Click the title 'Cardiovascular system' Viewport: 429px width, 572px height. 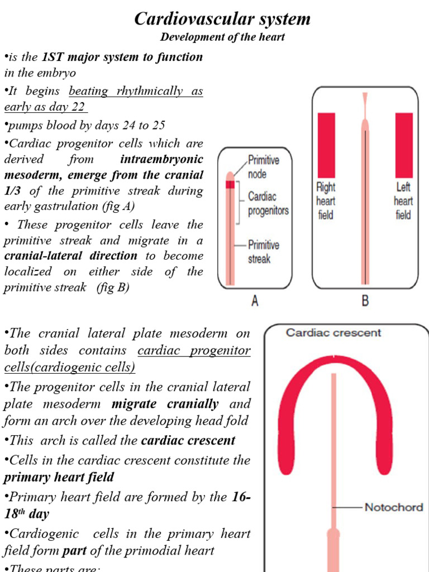(x=222, y=19)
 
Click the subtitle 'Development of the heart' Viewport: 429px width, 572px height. (x=222, y=37)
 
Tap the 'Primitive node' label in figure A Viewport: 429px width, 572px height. (x=264, y=166)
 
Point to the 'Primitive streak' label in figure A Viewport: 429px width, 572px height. (x=264, y=252)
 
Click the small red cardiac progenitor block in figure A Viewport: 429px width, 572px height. (x=230, y=185)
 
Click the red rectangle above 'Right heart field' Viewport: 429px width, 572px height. (x=326, y=145)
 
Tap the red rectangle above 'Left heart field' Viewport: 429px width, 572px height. (x=404, y=145)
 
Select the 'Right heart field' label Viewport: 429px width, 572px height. (x=326, y=201)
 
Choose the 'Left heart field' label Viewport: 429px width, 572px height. (x=403, y=201)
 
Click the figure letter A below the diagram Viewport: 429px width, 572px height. (x=255, y=301)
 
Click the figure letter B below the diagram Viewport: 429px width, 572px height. (x=365, y=301)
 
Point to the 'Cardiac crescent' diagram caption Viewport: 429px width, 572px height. (x=333, y=333)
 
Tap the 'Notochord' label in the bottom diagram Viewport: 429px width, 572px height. (x=393, y=508)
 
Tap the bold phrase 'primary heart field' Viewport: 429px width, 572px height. (x=59, y=477)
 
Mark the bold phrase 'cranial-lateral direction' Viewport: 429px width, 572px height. (x=70, y=256)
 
